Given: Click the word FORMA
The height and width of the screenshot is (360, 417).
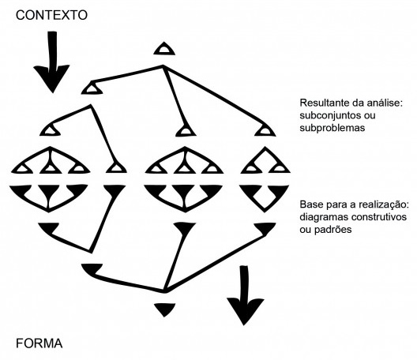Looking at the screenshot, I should coord(39,343).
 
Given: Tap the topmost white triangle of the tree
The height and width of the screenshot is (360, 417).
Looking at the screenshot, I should coord(163,49).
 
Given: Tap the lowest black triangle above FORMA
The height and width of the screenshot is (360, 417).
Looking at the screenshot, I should coord(163,308).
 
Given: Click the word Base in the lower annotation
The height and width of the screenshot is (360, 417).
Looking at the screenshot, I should coord(312,204).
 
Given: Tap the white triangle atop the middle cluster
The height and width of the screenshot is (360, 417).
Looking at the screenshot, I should coord(184,129).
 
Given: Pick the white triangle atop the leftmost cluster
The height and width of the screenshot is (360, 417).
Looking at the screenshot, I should coord(52,129).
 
